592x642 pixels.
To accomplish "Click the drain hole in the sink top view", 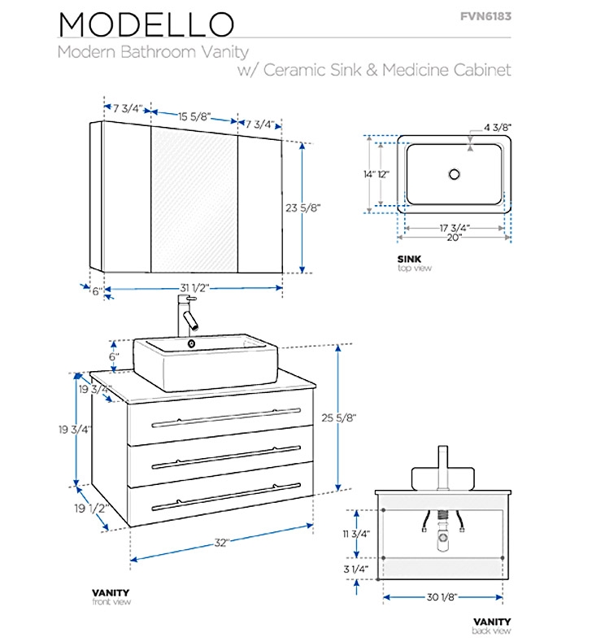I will click(x=454, y=173).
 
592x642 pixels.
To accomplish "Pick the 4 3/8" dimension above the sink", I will click(x=498, y=128).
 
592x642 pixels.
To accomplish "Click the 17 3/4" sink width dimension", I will click(x=452, y=228).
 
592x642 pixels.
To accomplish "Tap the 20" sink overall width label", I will click(x=452, y=238).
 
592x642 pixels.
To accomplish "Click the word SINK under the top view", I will click(x=409, y=259).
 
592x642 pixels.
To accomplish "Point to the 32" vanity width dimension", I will click(x=222, y=541).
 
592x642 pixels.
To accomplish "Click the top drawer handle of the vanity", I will click(x=220, y=423).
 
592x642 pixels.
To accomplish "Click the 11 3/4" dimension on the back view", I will click(x=357, y=534).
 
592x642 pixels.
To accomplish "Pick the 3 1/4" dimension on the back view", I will click(x=357, y=570).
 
